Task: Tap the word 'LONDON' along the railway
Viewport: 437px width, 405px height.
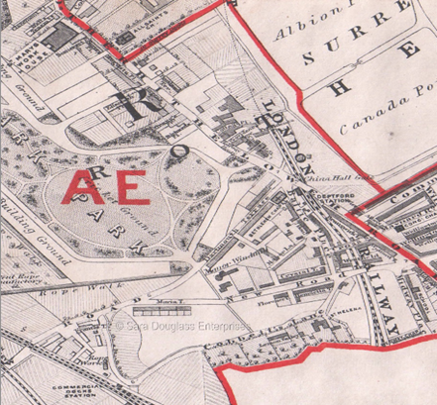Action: coord(290,134)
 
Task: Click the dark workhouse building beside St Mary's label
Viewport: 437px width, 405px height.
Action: coord(60,38)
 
